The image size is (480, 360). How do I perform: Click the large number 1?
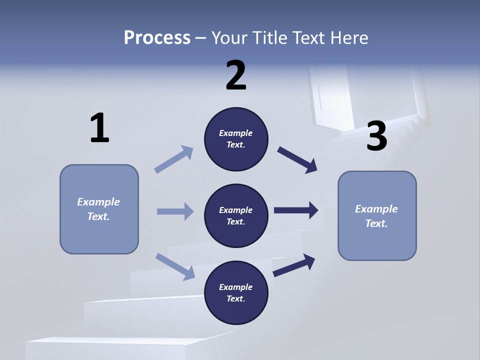99,128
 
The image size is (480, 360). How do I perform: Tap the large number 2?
236,75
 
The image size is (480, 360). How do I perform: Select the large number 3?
377,136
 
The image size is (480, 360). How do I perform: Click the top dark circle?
236,139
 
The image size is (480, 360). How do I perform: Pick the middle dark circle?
236,215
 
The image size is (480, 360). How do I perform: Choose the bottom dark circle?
236,292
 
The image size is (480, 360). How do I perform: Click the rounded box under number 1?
99,209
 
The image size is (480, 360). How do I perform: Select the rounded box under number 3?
377,215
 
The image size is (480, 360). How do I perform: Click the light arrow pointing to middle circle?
175,211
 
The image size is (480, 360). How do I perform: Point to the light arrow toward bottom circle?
175,266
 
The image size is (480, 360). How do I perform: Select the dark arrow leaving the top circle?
297,160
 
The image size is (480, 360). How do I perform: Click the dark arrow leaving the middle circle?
296,210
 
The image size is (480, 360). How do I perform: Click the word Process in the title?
157,37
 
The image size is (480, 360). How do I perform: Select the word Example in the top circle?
236,133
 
